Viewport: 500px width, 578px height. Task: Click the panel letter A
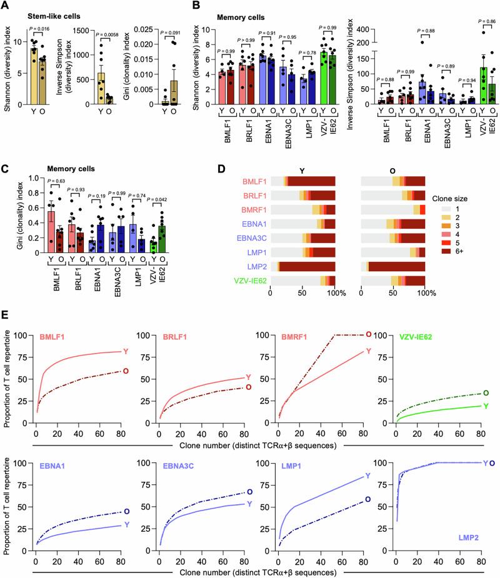6,6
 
